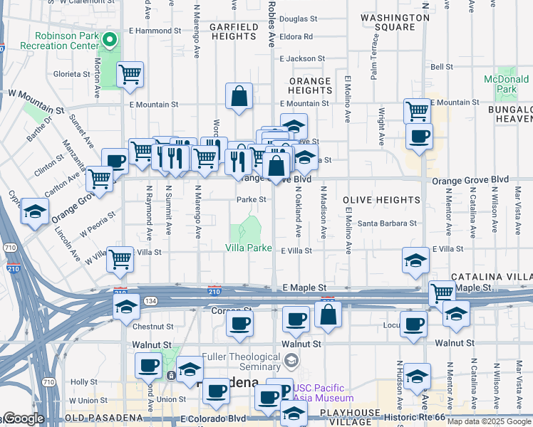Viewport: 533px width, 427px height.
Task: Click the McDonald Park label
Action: point(507,84)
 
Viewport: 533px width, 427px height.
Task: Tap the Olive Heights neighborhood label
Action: point(381,201)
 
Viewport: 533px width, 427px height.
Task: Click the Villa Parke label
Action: point(249,248)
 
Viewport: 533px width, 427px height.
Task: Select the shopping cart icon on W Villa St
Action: point(120,258)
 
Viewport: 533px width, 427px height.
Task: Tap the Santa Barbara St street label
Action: point(387,223)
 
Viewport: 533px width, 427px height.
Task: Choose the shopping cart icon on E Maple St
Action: point(443,292)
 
